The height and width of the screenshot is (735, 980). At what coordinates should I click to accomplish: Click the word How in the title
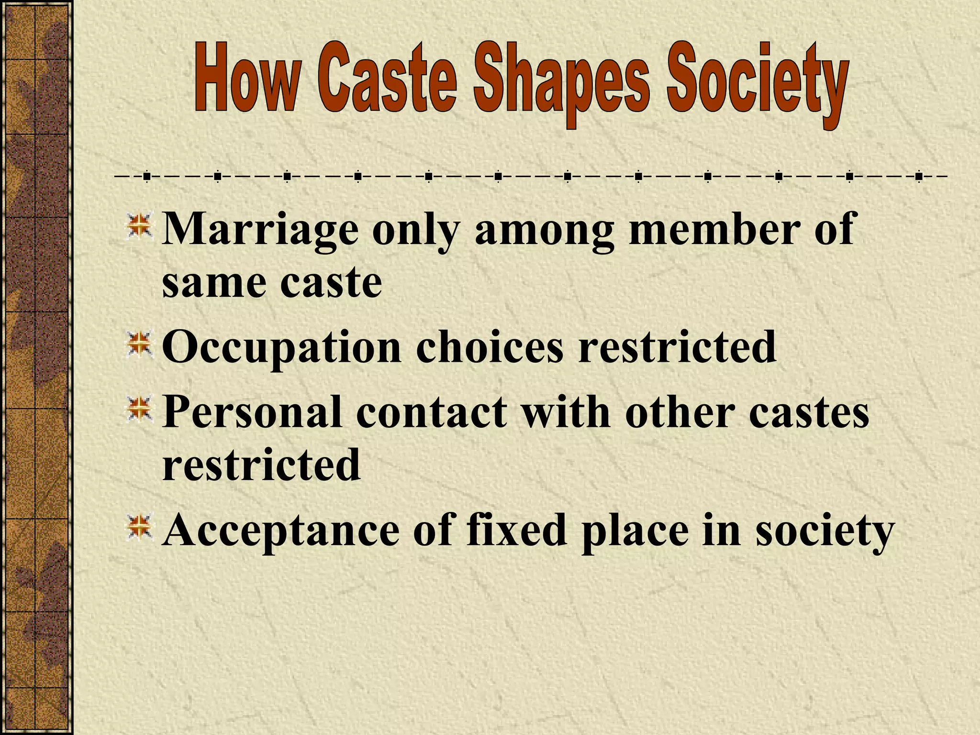point(246,80)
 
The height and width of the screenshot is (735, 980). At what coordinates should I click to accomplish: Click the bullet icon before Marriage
point(139,227)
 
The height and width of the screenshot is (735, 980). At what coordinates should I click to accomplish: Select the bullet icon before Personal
point(139,411)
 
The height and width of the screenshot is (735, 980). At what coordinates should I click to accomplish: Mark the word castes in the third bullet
point(809,412)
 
